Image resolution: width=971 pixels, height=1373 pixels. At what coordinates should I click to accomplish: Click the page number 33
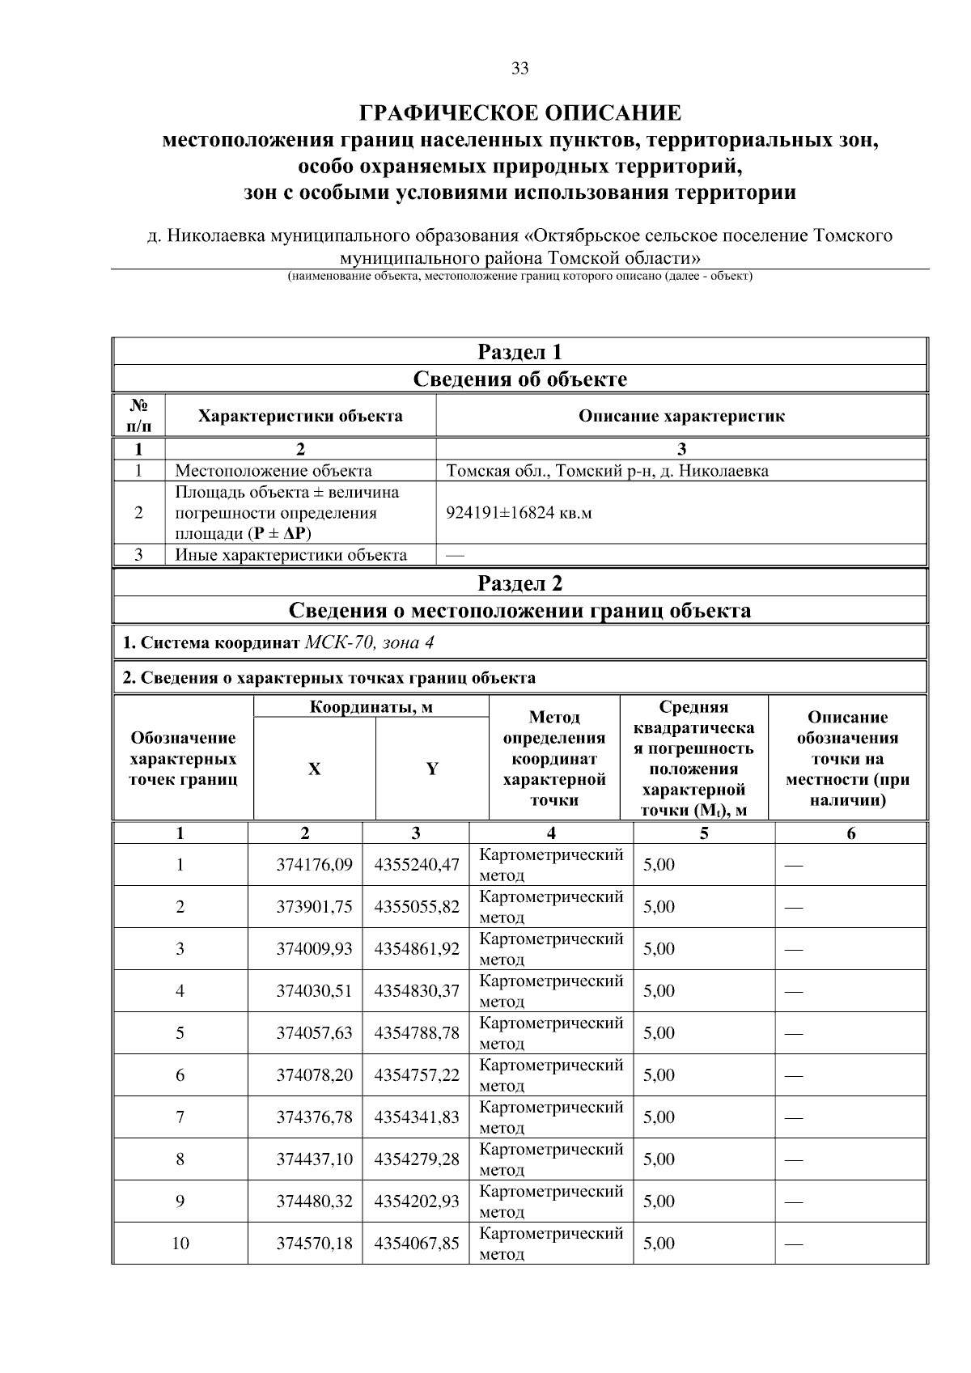tap(519, 69)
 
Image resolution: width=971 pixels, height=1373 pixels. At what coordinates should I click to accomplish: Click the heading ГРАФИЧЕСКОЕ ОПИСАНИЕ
tap(519, 112)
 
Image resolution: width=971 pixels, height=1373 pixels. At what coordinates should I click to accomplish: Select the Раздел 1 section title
tap(519, 352)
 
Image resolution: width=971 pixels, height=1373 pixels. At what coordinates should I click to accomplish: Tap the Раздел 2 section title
tap(519, 583)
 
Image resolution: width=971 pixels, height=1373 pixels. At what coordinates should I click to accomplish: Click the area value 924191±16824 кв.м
tap(519, 513)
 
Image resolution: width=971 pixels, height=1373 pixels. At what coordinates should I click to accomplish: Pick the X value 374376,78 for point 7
tap(314, 1117)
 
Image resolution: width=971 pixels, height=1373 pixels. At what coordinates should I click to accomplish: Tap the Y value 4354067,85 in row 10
tap(416, 1244)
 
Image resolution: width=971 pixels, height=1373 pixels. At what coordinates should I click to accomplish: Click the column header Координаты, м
tap(371, 708)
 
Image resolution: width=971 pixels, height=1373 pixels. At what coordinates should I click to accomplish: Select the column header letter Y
tap(432, 769)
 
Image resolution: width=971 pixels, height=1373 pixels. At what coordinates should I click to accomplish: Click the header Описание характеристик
tap(681, 417)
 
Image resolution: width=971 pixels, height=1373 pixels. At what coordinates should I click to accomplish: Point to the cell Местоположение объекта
tap(273, 471)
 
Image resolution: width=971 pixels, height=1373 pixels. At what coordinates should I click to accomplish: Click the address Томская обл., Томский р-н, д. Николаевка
tap(607, 471)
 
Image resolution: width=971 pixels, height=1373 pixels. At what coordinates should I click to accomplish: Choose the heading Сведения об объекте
tap(519, 379)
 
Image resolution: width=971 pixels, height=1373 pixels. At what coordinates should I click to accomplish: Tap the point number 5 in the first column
tap(180, 1033)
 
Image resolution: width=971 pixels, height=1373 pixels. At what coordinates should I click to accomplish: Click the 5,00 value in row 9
tap(659, 1201)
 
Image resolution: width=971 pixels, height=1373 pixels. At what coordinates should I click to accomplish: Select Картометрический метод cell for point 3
tap(551, 949)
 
